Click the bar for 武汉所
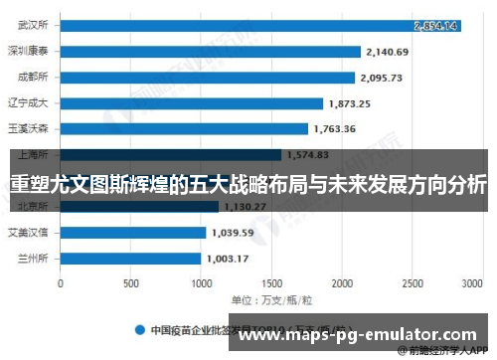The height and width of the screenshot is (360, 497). [x=260, y=25]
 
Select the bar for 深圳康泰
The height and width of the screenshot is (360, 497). [x=211, y=51]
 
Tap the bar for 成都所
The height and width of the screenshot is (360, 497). [x=208, y=78]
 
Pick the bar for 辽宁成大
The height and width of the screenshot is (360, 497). [x=192, y=103]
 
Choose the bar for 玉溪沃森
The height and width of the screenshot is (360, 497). [x=184, y=128]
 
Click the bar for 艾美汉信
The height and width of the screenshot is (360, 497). [x=133, y=233]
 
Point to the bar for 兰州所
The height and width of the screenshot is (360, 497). [x=131, y=259]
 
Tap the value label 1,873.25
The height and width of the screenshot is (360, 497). [x=350, y=103]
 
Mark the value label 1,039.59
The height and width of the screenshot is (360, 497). [x=233, y=234]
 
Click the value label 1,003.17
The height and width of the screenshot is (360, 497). [x=230, y=259]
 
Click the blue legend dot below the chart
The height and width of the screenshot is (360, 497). [x=141, y=329]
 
